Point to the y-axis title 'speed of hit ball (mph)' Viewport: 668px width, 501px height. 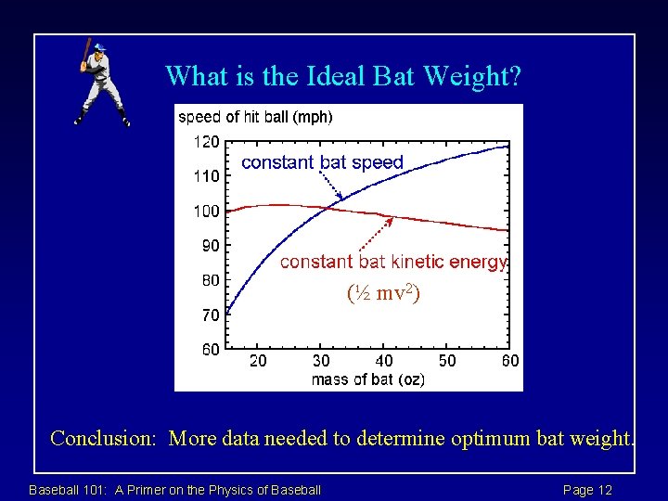point(255,117)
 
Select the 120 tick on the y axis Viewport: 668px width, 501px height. point(207,142)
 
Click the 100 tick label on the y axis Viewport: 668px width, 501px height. point(207,212)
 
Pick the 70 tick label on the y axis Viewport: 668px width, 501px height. point(210,315)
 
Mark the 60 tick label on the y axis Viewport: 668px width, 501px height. point(210,350)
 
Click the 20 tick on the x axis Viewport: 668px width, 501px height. point(258,361)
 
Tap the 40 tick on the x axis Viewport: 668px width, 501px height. point(383,361)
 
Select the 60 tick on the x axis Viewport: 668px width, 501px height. point(509,361)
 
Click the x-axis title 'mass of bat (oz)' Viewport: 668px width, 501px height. point(367,379)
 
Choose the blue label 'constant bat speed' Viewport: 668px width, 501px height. point(322,162)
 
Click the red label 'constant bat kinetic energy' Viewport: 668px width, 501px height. point(393,262)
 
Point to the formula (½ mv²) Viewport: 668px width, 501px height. point(383,294)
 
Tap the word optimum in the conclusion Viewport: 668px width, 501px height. point(489,438)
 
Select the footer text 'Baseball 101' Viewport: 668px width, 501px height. point(68,490)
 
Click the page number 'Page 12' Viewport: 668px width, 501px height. point(587,490)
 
